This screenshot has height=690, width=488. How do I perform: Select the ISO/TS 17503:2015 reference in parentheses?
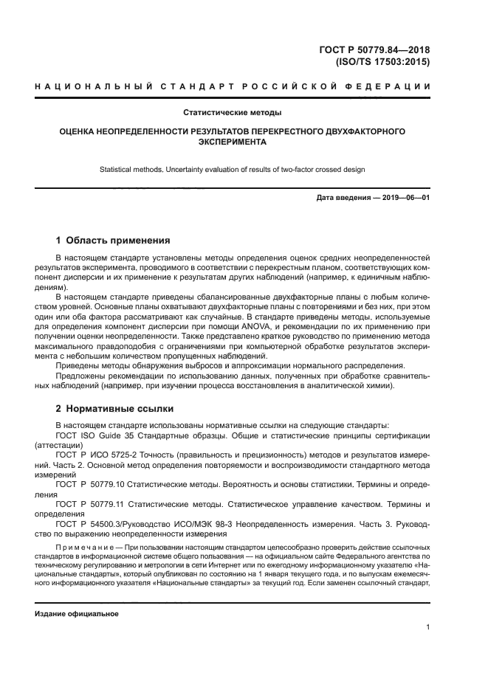coord(382,63)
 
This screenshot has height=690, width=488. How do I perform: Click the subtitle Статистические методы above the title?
coord(233,114)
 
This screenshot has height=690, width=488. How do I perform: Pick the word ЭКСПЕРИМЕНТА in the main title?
coord(233,142)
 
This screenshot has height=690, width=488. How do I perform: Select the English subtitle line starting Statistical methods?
coord(233,170)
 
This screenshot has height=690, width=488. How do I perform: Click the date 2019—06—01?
coord(406,199)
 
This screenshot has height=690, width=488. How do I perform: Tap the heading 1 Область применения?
coord(113,241)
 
